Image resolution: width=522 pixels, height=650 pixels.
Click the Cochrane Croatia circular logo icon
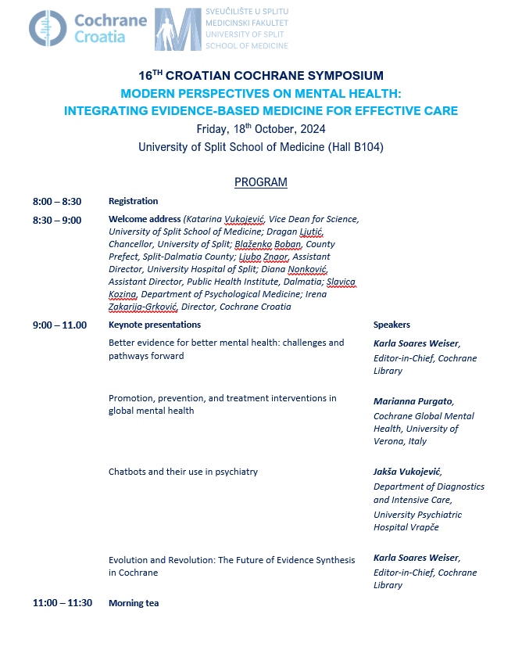pyautogui.click(x=48, y=28)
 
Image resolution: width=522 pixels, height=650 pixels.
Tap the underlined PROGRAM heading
pyautogui.click(x=261, y=182)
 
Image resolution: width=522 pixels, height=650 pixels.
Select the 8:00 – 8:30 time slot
pyautogui.click(x=57, y=201)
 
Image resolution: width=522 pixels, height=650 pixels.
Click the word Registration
pyautogui.click(x=134, y=201)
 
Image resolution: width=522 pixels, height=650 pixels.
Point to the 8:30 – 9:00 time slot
pyautogui.click(x=57, y=220)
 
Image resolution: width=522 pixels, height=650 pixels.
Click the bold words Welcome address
pyautogui.click(x=145, y=220)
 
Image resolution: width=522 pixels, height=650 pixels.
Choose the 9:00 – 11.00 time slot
pyautogui.click(x=59, y=325)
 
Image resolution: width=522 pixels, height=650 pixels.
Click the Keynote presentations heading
pyautogui.click(x=155, y=325)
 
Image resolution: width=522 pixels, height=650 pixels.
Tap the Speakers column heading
pyautogui.click(x=391, y=325)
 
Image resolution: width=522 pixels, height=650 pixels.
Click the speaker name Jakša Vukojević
pyautogui.click(x=407, y=472)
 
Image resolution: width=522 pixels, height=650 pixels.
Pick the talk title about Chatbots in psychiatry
pyautogui.click(x=183, y=472)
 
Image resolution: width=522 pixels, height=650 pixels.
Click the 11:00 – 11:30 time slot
pyautogui.click(x=63, y=602)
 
